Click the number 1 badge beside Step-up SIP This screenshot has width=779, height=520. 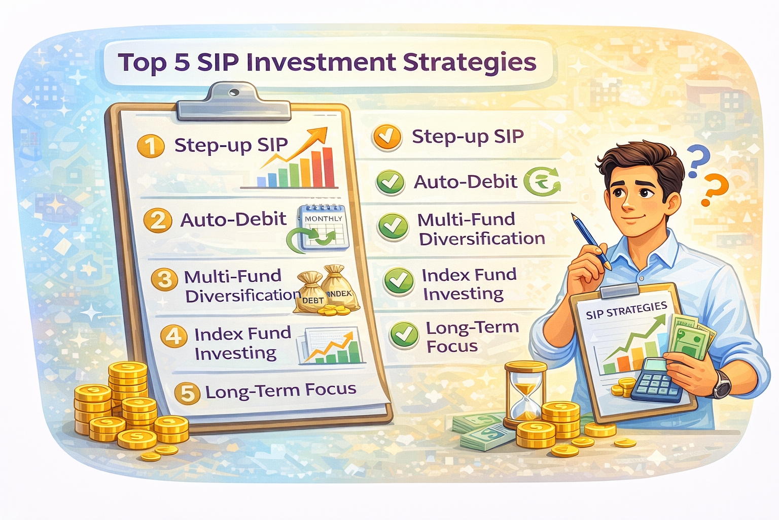pos(151,146)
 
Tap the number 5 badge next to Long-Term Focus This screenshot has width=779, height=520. pos(187,393)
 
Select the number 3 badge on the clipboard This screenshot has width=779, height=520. pos(164,279)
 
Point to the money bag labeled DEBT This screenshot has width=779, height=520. pos(311,293)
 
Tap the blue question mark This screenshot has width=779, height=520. pos(698,159)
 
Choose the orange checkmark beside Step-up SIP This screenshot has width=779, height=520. pos(387,137)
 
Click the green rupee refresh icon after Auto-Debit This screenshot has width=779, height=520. pos(542,181)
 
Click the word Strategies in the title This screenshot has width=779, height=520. pos(469,62)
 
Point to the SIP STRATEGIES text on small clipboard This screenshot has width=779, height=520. pos(626,310)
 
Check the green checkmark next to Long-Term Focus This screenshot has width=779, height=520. pos(404,335)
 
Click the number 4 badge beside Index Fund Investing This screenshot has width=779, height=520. pos(173,336)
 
